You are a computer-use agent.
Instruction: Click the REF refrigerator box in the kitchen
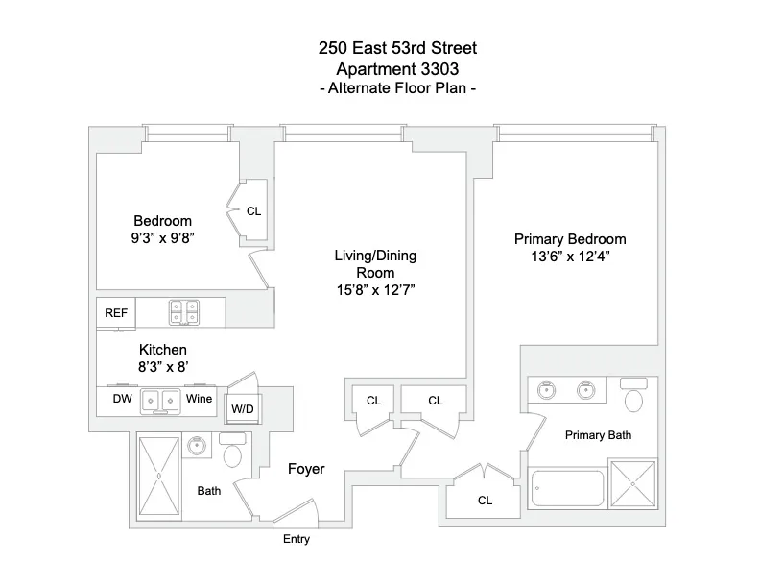tap(116, 312)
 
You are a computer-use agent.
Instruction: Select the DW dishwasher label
tap(122, 398)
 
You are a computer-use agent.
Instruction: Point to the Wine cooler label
tap(199, 398)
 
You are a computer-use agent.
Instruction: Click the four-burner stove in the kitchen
tap(183, 312)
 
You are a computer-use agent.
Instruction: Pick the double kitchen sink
tap(160, 400)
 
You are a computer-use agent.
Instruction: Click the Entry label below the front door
tap(296, 540)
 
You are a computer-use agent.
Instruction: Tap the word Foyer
tap(306, 470)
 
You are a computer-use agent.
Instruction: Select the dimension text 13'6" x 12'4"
tap(570, 257)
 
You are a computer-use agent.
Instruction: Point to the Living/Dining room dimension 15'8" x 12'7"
tap(375, 289)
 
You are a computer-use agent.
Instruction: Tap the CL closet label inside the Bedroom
tap(253, 211)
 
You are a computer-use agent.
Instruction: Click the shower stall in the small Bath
tap(158, 477)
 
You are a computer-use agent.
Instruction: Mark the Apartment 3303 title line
tap(397, 68)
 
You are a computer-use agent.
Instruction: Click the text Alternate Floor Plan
tap(397, 88)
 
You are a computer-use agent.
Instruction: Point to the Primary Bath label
tap(598, 435)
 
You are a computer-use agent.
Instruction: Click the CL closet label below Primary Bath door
tap(485, 501)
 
